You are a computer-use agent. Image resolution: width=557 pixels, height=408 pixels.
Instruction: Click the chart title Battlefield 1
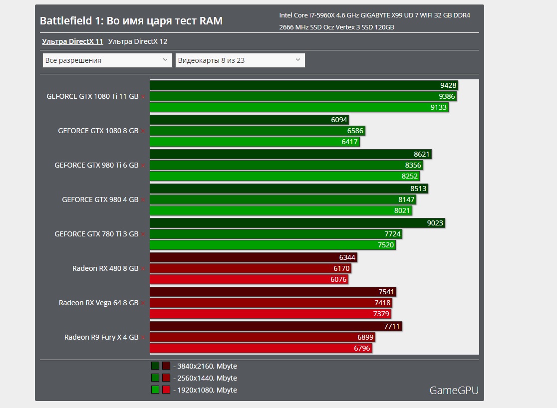click(x=131, y=21)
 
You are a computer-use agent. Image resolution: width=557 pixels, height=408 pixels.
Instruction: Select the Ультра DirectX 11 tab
click(x=72, y=41)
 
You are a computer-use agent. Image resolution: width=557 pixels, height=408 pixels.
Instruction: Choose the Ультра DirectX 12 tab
click(x=137, y=41)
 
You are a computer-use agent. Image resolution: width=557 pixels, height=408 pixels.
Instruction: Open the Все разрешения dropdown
click(x=107, y=60)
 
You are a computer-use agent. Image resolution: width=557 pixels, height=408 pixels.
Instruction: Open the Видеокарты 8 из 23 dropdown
click(x=240, y=60)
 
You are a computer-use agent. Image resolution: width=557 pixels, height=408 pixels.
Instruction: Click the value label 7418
click(x=382, y=303)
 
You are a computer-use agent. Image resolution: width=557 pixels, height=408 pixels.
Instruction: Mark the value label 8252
click(x=409, y=176)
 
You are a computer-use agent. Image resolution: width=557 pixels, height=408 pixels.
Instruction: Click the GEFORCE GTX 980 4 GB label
click(x=100, y=200)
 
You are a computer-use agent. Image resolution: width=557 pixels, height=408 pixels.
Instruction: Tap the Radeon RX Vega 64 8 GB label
click(x=98, y=303)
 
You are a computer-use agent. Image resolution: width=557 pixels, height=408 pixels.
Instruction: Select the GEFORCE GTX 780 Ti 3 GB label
click(x=96, y=234)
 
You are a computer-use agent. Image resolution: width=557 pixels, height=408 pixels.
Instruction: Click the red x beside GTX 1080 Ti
click(x=143, y=97)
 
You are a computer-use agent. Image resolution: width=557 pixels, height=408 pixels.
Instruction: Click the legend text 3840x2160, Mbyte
click(x=205, y=366)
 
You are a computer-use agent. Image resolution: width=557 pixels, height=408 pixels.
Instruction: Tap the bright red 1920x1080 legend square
click(x=166, y=390)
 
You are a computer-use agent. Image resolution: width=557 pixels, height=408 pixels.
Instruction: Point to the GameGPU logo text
click(x=454, y=390)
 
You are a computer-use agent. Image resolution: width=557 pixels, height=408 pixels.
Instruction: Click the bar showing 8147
click(x=282, y=200)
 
